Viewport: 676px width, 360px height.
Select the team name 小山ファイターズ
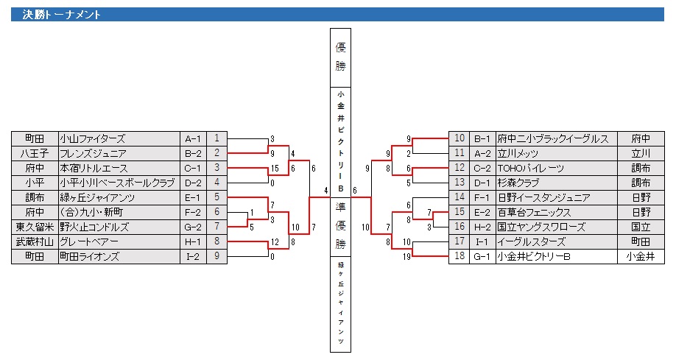click(x=92, y=138)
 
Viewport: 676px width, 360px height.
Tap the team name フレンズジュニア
click(x=93, y=153)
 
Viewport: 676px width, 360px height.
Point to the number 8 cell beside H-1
click(x=217, y=241)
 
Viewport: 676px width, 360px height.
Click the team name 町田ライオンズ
click(x=90, y=256)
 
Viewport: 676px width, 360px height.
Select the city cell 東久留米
click(x=34, y=227)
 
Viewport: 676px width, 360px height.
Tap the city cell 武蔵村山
click(x=34, y=241)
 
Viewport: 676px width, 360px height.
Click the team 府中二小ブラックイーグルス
click(x=552, y=138)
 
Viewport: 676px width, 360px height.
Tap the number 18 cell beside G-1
click(x=459, y=256)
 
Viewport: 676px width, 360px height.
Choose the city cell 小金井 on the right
click(x=639, y=256)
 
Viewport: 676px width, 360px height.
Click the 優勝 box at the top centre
click(x=340, y=57)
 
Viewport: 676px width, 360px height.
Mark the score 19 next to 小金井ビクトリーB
click(x=406, y=256)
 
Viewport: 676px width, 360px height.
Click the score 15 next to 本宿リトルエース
click(x=273, y=168)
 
